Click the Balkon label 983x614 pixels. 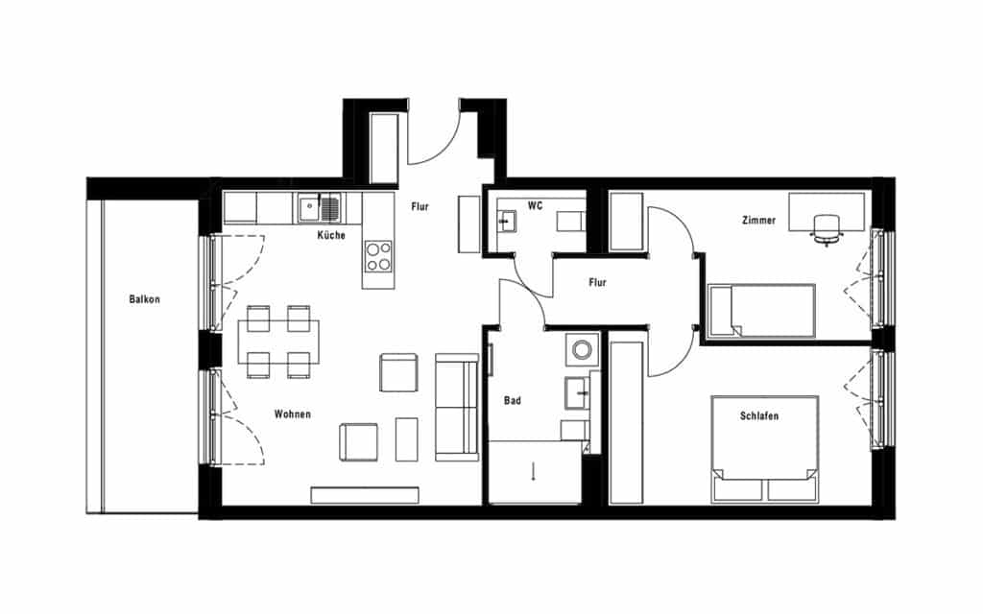pos(144,299)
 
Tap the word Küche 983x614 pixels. pos(331,235)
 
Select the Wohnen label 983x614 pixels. pos(292,414)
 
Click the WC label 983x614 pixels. pos(535,205)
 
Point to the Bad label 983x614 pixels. pos(513,400)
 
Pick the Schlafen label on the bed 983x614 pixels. pos(759,415)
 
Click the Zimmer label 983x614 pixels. pos(758,220)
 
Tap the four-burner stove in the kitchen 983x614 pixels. pos(378,256)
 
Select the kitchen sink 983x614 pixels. pos(320,208)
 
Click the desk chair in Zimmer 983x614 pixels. pos(827,228)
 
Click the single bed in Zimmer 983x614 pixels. pos(761,311)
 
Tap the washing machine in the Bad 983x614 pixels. pos(582,349)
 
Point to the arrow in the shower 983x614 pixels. pos(534,470)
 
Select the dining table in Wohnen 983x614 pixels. pos(278,342)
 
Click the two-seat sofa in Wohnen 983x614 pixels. pos(457,407)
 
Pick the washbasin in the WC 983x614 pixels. pos(505,222)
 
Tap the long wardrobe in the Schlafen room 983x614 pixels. pos(626,422)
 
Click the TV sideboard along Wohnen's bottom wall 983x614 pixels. pos(364,495)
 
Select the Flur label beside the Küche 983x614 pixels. pos(420,206)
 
